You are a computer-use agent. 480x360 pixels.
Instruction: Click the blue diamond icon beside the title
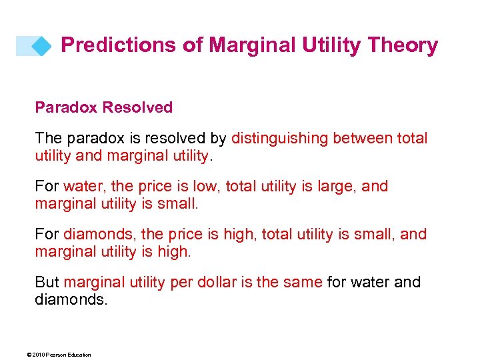tap(42, 46)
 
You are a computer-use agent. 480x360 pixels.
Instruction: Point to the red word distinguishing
tap(280, 138)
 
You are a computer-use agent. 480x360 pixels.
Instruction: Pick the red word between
tap(365, 138)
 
